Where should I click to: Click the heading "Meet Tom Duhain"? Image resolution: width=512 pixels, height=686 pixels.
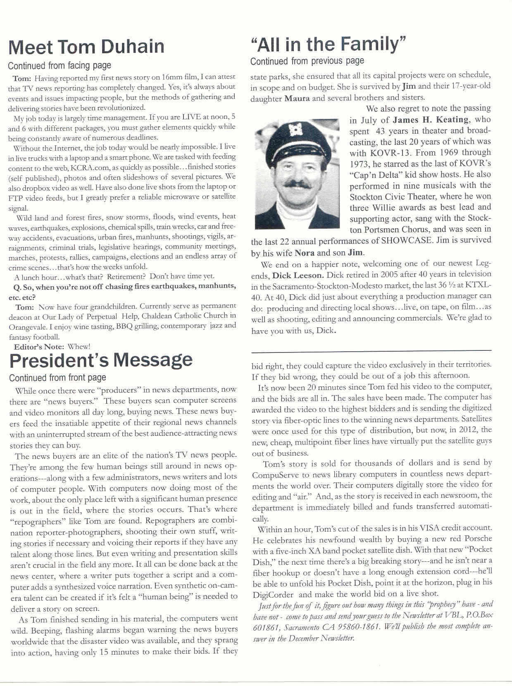coord(86,47)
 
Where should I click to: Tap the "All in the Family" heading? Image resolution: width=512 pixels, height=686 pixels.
coord(329,44)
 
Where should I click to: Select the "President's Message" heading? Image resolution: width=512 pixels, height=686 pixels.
coord(101,360)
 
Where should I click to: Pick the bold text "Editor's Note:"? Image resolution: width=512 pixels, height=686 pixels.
coord(39,347)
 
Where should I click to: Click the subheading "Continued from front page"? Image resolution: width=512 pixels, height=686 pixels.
coord(57,378)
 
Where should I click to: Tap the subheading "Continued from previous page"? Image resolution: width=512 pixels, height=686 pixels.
coord(307,61)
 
